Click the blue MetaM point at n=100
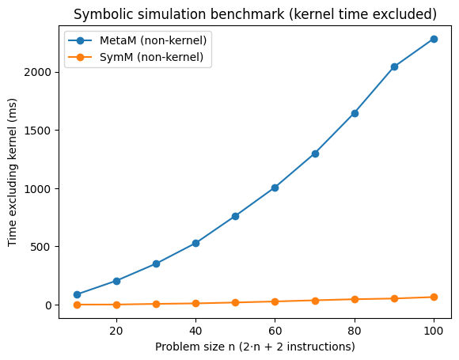pyautogui.click(x=434, y=39)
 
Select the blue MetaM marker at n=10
pyautogui.click(x=77, y=294)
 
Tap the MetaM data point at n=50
pyautogui.click(x=235, y=216)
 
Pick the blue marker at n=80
pyautogui.click(x=355, y=113)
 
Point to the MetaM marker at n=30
pyautogui.click(x=156, y=263)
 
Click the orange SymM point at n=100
pyautogui.click(x=434, y=297)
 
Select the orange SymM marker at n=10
pyautogui.click(x=77, y=305)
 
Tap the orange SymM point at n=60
pyautogui.click(x=275, y=301)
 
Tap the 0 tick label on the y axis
pyautogui.click(x=48, y=305)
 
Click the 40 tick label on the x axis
pyautogui.click(x=195, y=329)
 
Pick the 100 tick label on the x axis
pyautogui.click(x=434, y=329)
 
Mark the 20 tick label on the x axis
pyautogui.click(x=116, y=329)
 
